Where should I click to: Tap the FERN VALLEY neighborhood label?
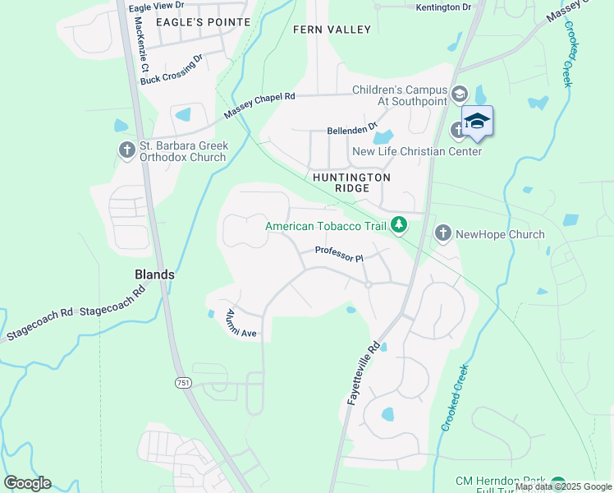[332, 30]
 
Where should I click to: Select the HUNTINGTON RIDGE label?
[351, 182]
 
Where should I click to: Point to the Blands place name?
[155, 274]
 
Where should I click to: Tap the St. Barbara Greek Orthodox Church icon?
[126, 150]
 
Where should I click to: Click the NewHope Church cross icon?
[442, 234]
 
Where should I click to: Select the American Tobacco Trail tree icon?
[399, 224]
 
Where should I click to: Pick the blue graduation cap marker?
[477, 122]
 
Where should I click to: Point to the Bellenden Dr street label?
[351, 128]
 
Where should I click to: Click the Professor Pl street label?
[338, 256]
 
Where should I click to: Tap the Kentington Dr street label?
[444, 7]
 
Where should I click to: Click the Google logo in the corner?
[27, 483]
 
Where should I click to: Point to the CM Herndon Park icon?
[558, 483]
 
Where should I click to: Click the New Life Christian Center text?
[416, 151]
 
